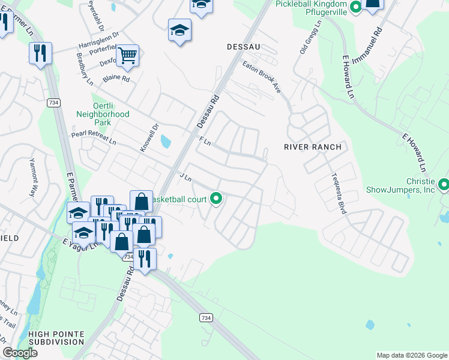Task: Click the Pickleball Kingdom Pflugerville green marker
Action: tap(355, 8)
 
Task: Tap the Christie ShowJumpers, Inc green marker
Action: tap(444, 184)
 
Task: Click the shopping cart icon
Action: tap(127, 56)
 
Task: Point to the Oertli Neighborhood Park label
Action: tap(103, 113)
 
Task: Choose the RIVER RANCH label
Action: tap(312, 147)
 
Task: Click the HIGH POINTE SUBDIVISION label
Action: tap(56, 337)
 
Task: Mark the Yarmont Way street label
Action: tap(34, 178)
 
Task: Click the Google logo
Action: tap(20, 353)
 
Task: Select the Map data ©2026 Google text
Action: tap(411, 355)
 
